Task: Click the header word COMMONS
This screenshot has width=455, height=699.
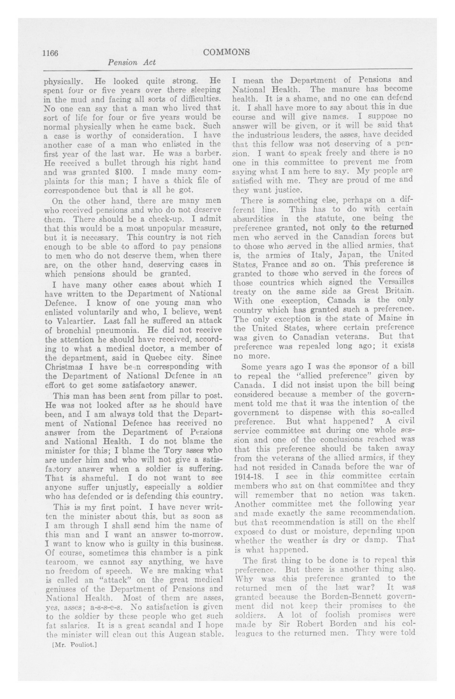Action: pyautogui.click(x=226, y=52)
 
